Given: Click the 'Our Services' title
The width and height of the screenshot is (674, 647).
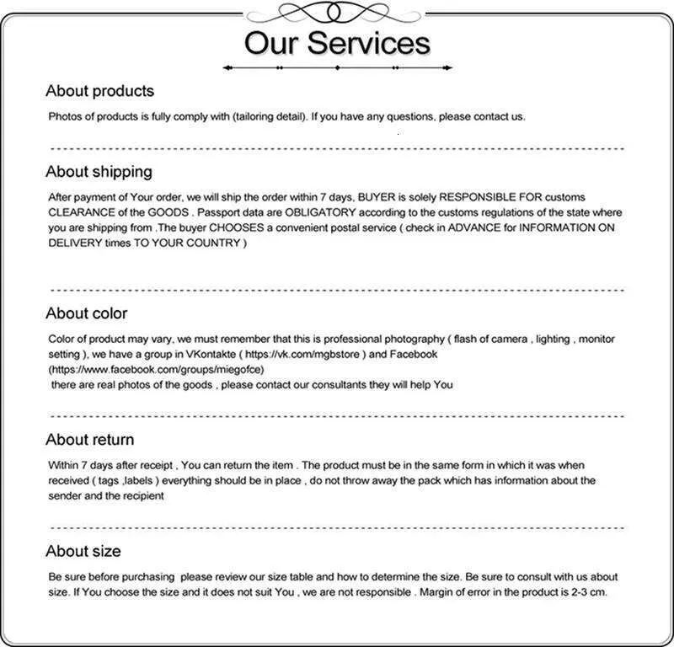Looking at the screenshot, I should point(337,42).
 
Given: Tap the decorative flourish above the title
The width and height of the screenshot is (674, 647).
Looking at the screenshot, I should point(337,12).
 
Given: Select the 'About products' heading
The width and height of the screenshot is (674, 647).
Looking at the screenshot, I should point(99,91).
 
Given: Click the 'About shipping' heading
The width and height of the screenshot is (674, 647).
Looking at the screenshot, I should point(99,172).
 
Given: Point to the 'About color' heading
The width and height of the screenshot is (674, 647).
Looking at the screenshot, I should point(86,313).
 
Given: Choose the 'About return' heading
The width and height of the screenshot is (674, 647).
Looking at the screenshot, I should point(89,440).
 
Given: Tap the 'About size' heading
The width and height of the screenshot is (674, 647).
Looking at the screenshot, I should point(83,551).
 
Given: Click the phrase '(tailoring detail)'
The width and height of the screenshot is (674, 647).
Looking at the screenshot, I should point(270,116).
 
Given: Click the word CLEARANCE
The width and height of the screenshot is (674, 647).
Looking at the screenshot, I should point(83,212).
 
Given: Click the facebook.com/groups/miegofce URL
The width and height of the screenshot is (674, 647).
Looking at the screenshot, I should point(158,370).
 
